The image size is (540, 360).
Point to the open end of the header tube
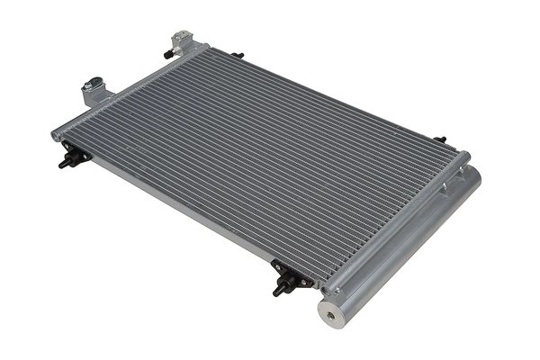click(57, 135)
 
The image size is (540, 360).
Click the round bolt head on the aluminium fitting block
click(90, 86)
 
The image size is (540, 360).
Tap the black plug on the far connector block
click(168, 54)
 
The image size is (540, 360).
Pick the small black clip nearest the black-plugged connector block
click(237, 56)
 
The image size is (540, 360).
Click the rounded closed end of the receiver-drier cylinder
click(472, 175)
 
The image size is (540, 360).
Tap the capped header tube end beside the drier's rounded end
click(463, 159)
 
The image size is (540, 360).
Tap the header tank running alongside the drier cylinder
click(396, 225)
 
